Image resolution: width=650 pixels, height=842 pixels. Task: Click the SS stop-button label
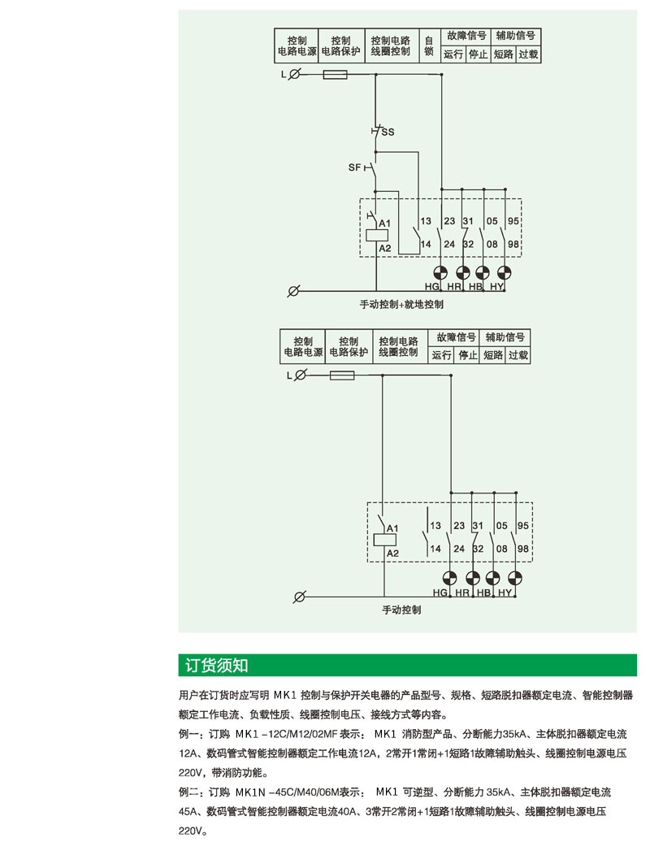pyautogui.click(x=388, y=132)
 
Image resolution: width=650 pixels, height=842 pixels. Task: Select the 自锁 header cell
pyautogui.click(x=428, y=46)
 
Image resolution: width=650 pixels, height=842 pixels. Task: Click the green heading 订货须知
pyautogui.click(x=216, y=666)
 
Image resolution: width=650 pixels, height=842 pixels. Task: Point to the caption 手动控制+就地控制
pyautogui.click(x=401, y=305)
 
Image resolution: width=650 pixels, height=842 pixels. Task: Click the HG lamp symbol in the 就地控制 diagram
pyautogui.click(x=440, y=272)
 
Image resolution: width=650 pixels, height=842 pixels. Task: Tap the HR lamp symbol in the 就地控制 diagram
pyautogui.click(x=463, y=272)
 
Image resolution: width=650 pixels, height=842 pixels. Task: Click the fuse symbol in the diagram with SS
pyautogui.click(x=336, y=74)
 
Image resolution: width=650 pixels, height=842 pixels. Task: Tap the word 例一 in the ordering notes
pyautogui.click(x=188, y=734)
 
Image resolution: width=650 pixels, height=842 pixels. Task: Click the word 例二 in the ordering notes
pyautogui.click(x=188, y=792)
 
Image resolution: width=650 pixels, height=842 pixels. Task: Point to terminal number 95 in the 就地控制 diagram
pyautogui.click(x=513, y=221)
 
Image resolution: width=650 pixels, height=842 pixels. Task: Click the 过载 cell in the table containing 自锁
pyautogui.click(x=528, y=55)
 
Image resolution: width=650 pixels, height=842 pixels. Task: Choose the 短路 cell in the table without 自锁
pyautogui.click(x=493, y=355)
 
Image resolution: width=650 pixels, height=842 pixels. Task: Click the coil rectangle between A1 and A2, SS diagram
pyautogui.click(x=376, y=235)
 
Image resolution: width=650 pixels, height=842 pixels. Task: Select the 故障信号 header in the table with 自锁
pyautogui.click(x=466, y=37)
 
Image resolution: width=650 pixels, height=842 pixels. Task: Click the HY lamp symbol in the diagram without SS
pyautogui.click(x=514, y=578)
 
